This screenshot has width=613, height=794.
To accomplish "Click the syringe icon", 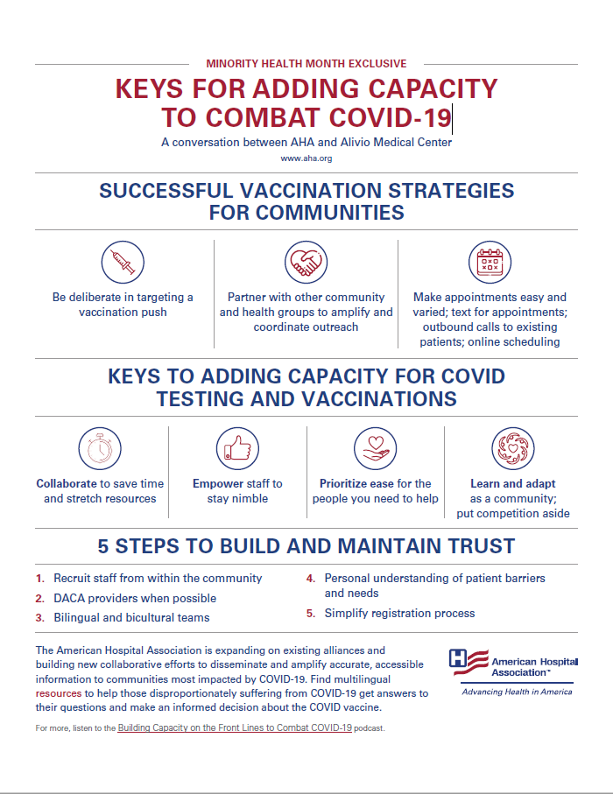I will tap(123, 262).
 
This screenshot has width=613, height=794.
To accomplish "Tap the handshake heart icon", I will tap(306, 262).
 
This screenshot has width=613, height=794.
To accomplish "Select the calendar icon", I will tap(489, 262).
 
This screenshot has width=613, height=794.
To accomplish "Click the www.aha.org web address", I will tap(306, 158).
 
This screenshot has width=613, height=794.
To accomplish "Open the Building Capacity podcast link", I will tap(235, 728).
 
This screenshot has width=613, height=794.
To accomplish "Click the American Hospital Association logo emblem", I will tap(468, 663).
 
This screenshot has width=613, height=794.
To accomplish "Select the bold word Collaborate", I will tap(67, 483).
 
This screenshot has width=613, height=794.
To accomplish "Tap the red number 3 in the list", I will tap(39, 618).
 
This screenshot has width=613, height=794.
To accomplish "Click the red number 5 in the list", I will tap(310, 614).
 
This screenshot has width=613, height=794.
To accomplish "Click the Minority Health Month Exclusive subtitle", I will tap(306, 63).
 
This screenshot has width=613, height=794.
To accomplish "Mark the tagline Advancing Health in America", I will tap(517, 692).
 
